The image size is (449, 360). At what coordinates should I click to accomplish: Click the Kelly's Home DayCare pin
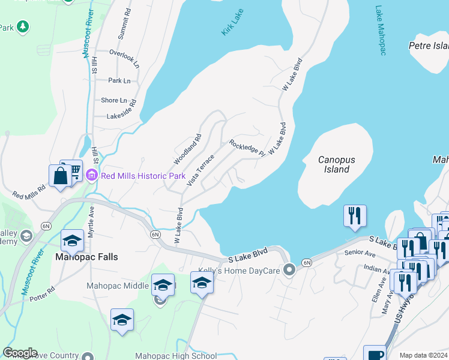[x=289, y=270]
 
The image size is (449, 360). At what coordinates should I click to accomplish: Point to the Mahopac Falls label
[x=86, y=256]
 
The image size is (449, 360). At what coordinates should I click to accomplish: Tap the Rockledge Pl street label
[x=247, y=148]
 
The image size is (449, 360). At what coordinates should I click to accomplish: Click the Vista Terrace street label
[x=200, y=169]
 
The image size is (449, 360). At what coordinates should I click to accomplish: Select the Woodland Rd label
[x=187, y=149]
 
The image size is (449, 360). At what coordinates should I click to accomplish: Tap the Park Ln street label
[x=119, y=80]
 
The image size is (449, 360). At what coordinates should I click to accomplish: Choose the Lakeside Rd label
[x=122, y=116]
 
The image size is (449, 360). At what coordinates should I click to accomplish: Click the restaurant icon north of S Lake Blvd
[x=355, y=215]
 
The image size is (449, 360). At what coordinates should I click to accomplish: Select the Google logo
[x=20, y=353]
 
